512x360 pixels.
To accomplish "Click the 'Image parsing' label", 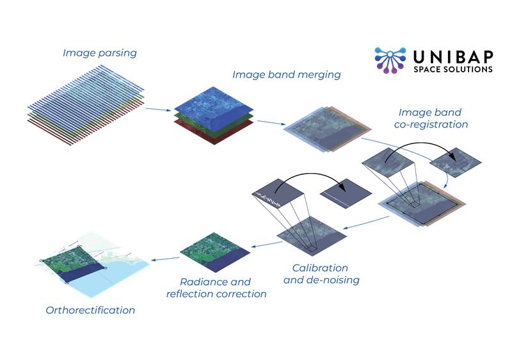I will coord(99,53).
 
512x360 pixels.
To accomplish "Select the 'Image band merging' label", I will coord(286,74).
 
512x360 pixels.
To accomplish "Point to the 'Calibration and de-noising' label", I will coord(321,274).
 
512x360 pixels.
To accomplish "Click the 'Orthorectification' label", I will coord(90,311).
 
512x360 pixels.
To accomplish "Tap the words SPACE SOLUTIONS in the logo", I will coord(453,69).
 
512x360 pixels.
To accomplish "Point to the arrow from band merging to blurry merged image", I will coord(268,121).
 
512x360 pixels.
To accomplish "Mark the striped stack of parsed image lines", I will coord(86,99).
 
